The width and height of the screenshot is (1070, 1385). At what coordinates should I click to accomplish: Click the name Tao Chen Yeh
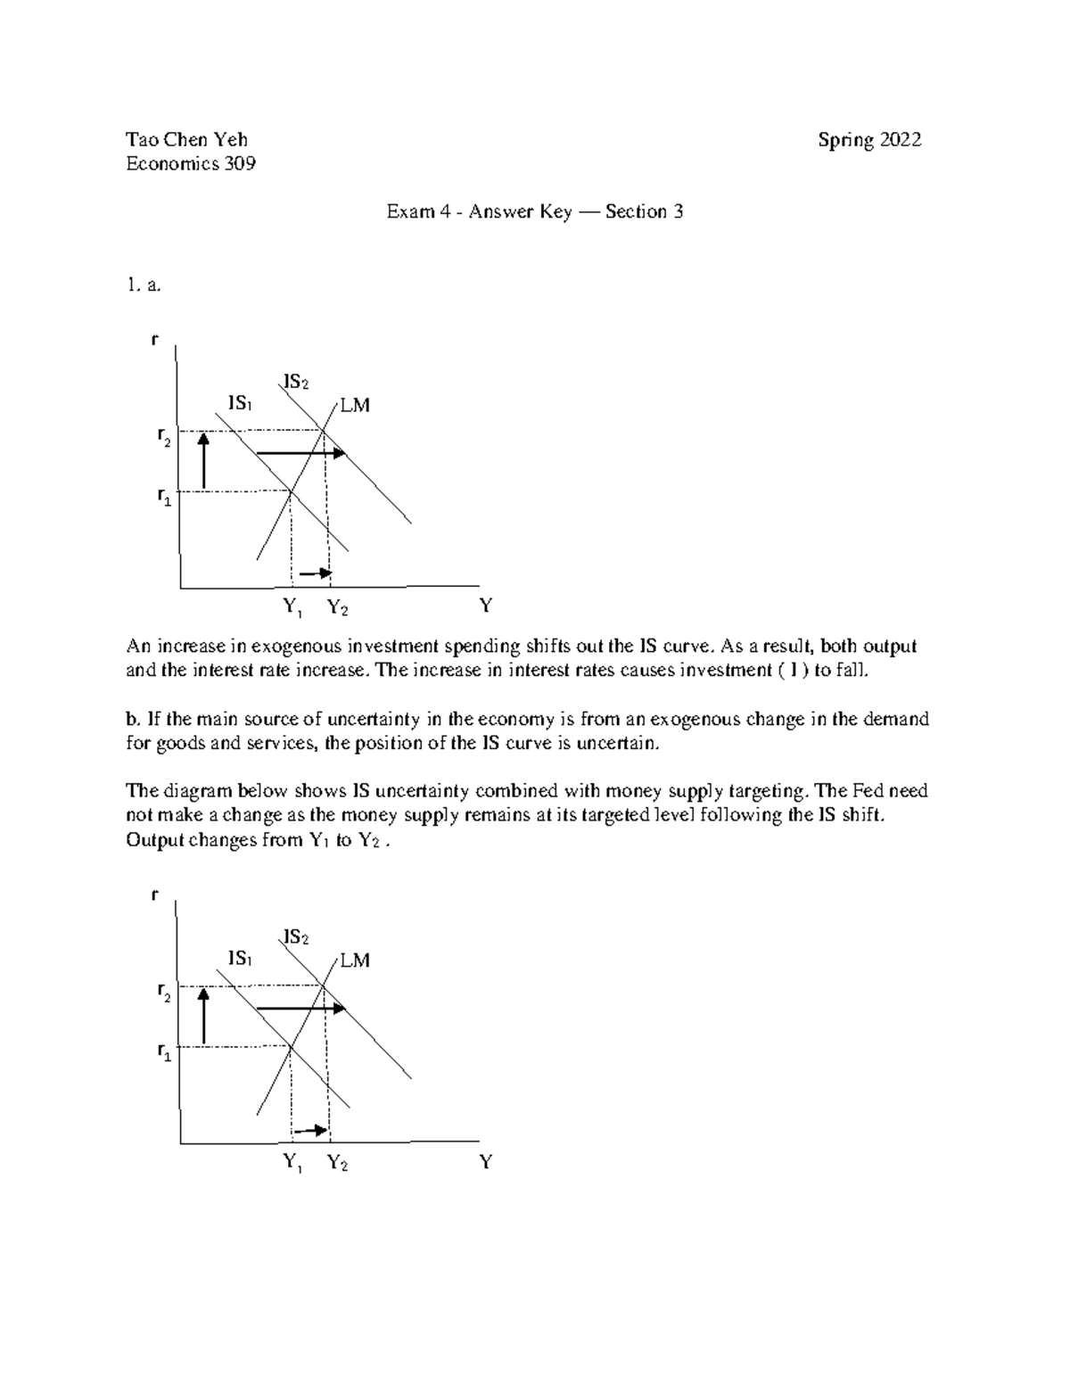[x=186, y=139]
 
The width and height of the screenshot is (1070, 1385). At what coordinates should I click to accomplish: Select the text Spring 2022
[x=869, y=140]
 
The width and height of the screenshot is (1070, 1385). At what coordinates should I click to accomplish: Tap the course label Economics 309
[x=191, y=163]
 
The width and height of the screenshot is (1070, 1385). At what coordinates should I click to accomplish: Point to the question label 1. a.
[x=143, y=285]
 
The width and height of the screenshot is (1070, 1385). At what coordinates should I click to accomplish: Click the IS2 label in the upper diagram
[x=296, y=383]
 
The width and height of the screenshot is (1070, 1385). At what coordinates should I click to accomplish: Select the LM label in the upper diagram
[x=354, y=406]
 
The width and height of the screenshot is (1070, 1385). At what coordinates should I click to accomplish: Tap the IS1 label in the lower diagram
[x=240, y=959]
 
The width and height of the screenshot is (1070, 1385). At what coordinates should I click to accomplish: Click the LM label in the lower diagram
[x=354, y=960]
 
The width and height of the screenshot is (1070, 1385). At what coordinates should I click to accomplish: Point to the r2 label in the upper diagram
[x=163, y=436]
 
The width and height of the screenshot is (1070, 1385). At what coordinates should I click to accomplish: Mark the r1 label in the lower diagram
[x=163, y=1053]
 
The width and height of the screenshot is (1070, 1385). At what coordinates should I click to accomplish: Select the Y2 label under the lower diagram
[x=337, y=1163]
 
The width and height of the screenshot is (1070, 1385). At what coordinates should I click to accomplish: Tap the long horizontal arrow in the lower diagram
[x=300, y=1008]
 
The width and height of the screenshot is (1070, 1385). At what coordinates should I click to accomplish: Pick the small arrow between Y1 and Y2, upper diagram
[x=315, y=573]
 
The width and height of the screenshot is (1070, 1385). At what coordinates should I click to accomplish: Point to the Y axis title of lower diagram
[x=486, y=1162]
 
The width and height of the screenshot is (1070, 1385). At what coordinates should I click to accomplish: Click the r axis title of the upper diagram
[x=155, y=340]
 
